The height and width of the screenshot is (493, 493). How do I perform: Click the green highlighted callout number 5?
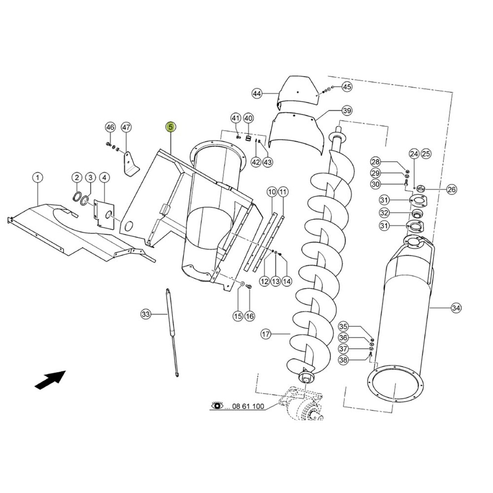pos(171,127)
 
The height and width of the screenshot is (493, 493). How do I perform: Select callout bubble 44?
pos(256,94)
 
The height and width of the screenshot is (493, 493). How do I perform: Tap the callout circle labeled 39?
pos(346,110)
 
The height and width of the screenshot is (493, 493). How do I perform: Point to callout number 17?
pos(266,334)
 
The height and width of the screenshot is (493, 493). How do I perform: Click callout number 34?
pos(456,308)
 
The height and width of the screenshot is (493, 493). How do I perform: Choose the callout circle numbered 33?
pos(146,314)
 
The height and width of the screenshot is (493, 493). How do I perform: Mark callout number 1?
pos(38,178)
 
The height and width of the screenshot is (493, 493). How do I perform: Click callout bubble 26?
pos(451,189)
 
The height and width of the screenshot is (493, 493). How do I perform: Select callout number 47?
pos(126,127)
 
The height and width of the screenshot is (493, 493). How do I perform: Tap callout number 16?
pos(250,316)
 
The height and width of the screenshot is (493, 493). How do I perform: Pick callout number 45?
pos(347,86)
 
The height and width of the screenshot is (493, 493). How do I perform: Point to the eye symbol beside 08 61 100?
pos(217,407)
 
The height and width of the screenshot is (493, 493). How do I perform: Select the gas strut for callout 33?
pos(173,332)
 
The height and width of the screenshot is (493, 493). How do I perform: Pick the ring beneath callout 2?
pos(77,197)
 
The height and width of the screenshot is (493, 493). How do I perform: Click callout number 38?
pos(356,359)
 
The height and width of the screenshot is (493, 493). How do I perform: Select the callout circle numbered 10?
pos(272,192)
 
